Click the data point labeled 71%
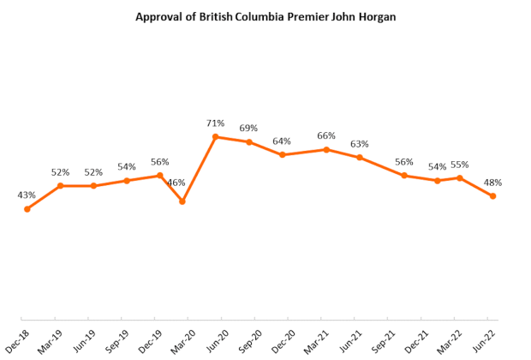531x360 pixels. [216, 136]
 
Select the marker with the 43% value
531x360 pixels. [27, 208]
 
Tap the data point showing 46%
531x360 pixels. [182, 201]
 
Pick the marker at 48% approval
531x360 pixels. [492, 196]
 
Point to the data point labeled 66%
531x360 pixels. [326, 149]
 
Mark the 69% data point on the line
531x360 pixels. [249, 141]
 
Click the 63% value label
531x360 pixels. [360, 144]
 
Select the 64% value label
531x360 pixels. [282, 141]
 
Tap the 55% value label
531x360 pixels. [460, 165]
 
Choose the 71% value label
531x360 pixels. [216, 123]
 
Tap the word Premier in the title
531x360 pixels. [301, 16]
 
